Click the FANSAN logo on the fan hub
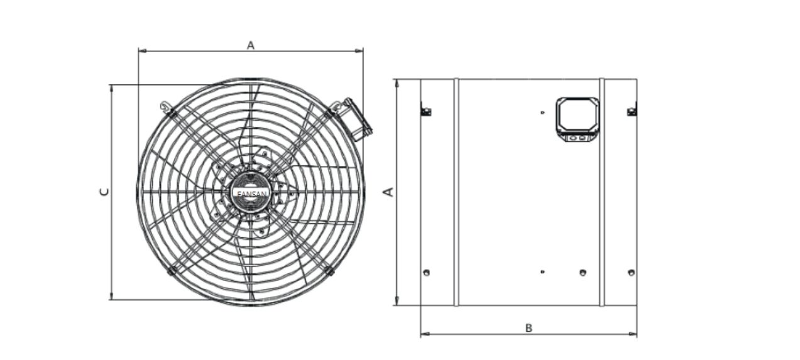point(252,194)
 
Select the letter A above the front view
point(251,45)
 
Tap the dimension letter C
point(104,192)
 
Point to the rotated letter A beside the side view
point(388,192)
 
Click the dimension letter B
point(529,328)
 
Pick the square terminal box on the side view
point(578,119)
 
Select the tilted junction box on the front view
point(356,119)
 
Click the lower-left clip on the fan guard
point(172,270)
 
